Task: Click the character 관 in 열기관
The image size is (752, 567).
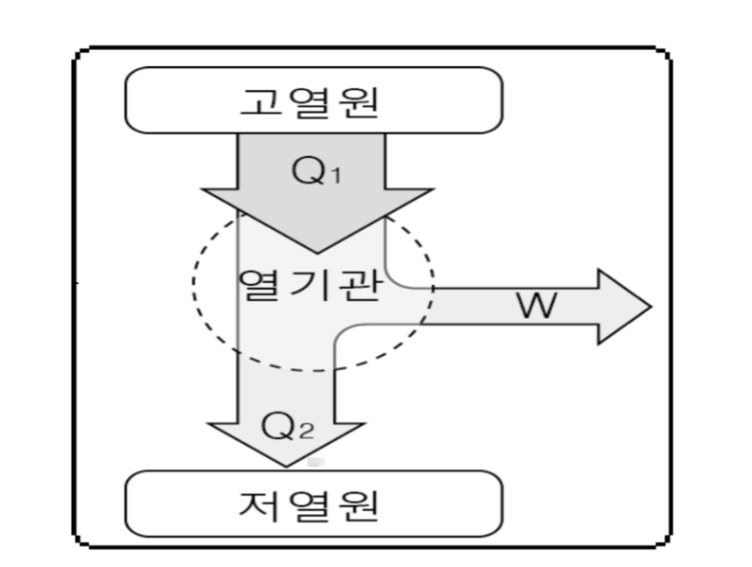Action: pos(362,284)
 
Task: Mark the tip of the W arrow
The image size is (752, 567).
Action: pos(650,307)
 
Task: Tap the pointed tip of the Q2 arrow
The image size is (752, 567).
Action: pos(288,467)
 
